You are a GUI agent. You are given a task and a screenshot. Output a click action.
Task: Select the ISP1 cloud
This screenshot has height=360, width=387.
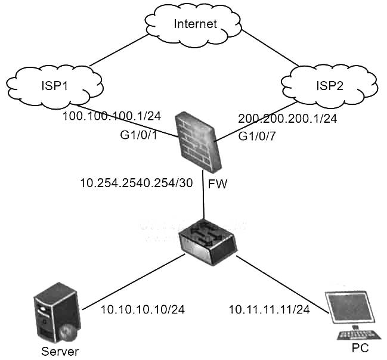[55, 85]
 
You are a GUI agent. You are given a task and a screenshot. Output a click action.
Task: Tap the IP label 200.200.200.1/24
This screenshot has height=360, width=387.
[287, 119]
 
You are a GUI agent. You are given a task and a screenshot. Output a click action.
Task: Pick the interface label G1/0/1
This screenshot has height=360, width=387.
[138, 136]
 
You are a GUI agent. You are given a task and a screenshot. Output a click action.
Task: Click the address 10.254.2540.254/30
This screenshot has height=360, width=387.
[136, 183]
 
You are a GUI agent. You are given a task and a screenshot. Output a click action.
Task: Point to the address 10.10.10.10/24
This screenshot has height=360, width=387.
[143, 309]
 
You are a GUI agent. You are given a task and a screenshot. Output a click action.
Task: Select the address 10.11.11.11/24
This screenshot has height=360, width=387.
[270, 309]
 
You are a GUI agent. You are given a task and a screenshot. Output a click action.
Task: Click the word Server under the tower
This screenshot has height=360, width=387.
[60, 350]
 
